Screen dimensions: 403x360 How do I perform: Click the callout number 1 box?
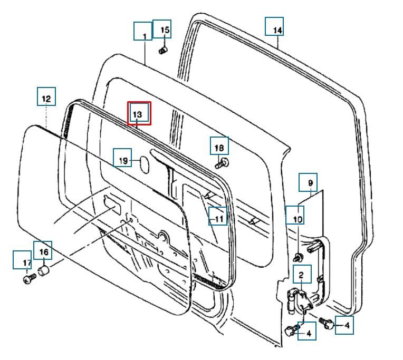point(143,31)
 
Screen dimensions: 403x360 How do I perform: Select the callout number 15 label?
point(162,29)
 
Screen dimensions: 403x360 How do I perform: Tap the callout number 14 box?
point(274,26)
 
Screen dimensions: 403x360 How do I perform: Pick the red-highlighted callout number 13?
point(139,113)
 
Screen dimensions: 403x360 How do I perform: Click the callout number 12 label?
point(46,96)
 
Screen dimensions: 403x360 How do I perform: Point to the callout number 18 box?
point(219,146)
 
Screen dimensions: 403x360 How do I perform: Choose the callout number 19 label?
point(122,158)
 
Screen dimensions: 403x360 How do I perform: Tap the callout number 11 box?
point(218,216)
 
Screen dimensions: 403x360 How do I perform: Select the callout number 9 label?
point(308,182)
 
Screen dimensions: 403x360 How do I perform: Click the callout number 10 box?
point(294,215)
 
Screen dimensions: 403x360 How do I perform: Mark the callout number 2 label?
point(302,274)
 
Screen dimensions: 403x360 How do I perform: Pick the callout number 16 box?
point(43,250)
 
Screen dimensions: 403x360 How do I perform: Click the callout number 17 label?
point(22,260)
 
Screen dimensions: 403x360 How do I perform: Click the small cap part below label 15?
point(162,51)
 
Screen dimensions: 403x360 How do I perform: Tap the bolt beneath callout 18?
point(222,163)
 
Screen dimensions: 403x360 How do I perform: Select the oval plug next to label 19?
point(145,165)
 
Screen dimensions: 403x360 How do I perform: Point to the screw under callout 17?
point(30,279)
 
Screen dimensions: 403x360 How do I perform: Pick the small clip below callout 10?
point(298,257)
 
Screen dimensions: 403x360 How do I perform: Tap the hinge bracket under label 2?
point(300,300)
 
